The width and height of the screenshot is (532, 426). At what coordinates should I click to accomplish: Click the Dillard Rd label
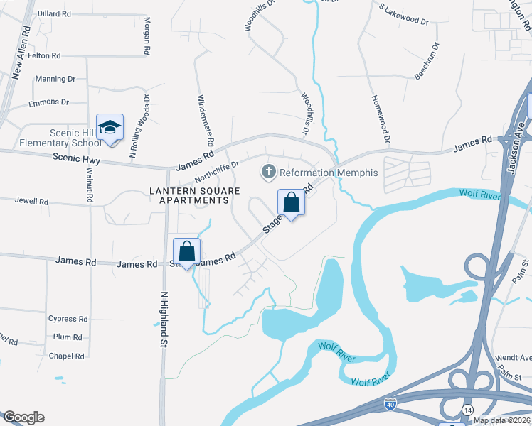53,13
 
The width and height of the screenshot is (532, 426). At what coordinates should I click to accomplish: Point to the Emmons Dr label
48,102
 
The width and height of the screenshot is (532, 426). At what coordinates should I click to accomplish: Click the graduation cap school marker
110,128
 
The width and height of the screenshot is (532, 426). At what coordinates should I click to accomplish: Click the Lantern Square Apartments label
189,195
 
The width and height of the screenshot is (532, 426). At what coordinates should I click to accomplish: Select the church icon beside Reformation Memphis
268,171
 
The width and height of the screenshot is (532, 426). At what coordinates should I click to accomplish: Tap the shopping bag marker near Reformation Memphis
292,203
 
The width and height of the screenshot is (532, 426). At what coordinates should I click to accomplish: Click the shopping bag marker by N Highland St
186,251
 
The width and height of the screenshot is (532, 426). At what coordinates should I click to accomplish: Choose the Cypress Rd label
68,319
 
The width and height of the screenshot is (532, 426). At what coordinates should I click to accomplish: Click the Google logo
23,417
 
